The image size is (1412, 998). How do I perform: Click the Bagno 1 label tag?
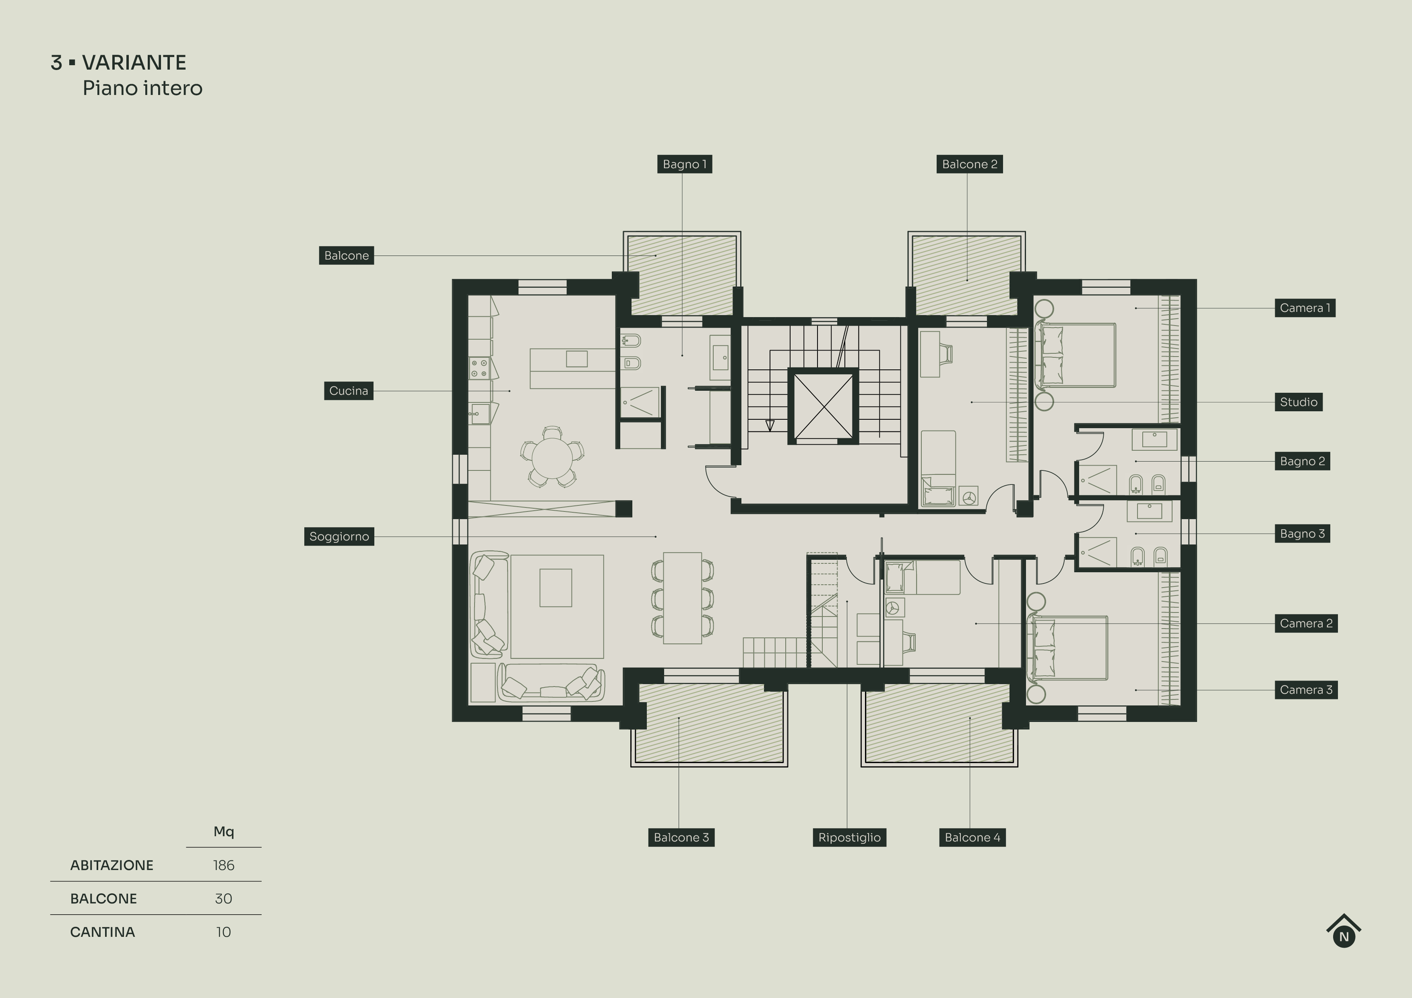click(x=685, y=164)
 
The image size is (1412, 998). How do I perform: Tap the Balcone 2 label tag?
click(x=969, y=164)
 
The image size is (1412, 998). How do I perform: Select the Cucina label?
click(x=348, y=390)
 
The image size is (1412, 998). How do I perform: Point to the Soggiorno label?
click(x=339, y=536)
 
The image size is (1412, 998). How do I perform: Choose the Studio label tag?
click(x=1298, y=402)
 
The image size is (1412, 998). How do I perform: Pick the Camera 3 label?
click(x=1306, y=690)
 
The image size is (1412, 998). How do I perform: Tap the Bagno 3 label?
click(x=1302, y=534)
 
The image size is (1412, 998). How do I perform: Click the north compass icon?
click(x=1343, y=932)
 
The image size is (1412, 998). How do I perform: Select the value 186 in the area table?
click(x=223, y=865)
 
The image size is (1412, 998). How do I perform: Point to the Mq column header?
click(x=223, y=831)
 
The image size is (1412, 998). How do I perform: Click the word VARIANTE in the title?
click(x=134, y=63)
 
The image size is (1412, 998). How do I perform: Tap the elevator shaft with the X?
click(x=823, y=406)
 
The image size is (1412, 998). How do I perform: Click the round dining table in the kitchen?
click(x=552, y=456)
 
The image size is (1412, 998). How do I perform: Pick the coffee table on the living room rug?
click(x=555, y=588)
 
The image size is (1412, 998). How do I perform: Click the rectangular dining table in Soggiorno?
click(x=682, y=598)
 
